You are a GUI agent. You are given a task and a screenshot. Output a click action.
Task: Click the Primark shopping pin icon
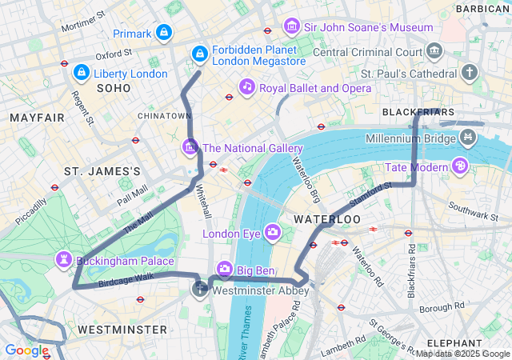tap(164, 33)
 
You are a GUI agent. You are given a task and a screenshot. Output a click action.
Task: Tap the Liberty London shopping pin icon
tap(81, 73)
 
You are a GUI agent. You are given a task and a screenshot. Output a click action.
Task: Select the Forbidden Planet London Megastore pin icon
tap(199, 54)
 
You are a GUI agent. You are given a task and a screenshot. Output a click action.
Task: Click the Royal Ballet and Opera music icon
tap(246, 86)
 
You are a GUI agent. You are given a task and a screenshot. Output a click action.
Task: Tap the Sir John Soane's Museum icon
tap(291, 26)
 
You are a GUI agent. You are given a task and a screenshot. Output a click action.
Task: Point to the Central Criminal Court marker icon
tap(434, 52)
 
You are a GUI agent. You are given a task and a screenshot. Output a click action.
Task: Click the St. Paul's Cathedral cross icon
tap(469, 73)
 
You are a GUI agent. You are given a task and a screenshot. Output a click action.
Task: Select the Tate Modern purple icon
tap(460, 166)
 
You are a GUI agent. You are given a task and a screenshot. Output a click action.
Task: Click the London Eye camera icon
tap(273, 233)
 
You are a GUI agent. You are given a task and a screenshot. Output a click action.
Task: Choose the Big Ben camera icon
tap(225, 267)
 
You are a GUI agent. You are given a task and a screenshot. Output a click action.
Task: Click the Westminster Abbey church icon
tap(200, 288)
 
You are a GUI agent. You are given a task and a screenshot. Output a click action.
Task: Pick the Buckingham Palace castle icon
tap(63, 260)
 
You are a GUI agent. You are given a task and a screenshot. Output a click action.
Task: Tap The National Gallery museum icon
tap(190, 147)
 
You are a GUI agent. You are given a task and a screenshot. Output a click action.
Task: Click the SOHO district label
tap(113, 88)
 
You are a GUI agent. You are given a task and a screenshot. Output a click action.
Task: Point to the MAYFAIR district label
tap(37, 118)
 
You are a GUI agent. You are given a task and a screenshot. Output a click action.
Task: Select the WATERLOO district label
tap(326, 218)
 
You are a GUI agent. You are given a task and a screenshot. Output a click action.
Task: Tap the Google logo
tap(26, 350)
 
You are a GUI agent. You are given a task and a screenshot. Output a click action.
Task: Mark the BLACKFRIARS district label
tap(418, 111)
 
